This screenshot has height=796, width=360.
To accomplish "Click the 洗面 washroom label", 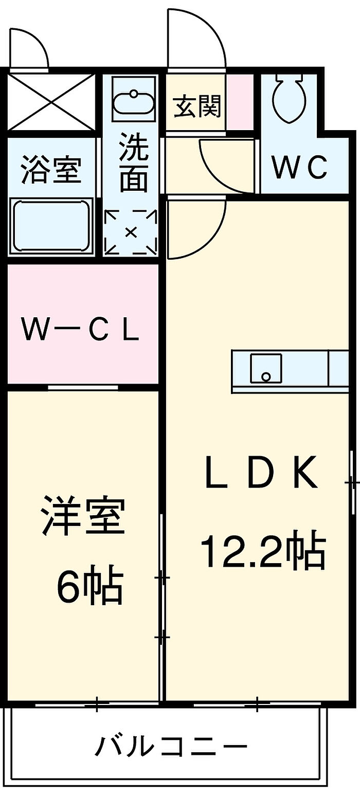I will tap(133, 163).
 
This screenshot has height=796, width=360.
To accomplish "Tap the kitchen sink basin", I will tap(266, 368).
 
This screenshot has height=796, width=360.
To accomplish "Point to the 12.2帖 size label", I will tap(262, 552).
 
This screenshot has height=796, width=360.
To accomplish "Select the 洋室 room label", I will tap(84, 516).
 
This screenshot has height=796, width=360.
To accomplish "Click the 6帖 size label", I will tap(89, 585).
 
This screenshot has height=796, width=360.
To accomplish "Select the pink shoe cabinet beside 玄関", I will tap(240, 101).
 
